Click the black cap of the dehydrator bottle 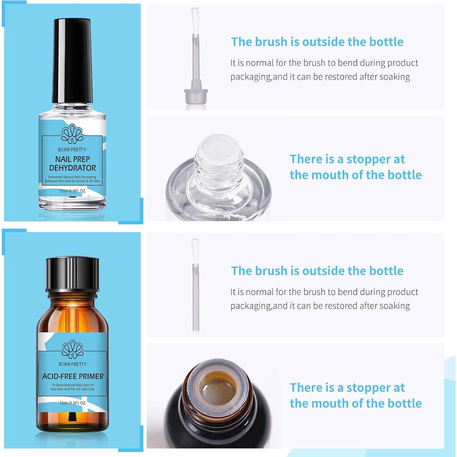pos(72,61)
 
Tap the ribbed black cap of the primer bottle pos(73,274)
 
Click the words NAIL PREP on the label pos(73,159)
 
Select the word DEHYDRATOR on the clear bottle pos(73,168)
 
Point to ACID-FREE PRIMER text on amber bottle pos(73,376)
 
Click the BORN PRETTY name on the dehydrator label pos(72,149)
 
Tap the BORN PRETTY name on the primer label pos(73,364)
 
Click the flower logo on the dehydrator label pos(72,134)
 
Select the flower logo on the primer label pos(73,349)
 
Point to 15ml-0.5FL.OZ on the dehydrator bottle pos(72,191)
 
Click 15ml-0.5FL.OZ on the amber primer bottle pos(73,403)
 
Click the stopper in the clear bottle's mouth pos(219,149)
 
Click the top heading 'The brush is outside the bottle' pos(317,42)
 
